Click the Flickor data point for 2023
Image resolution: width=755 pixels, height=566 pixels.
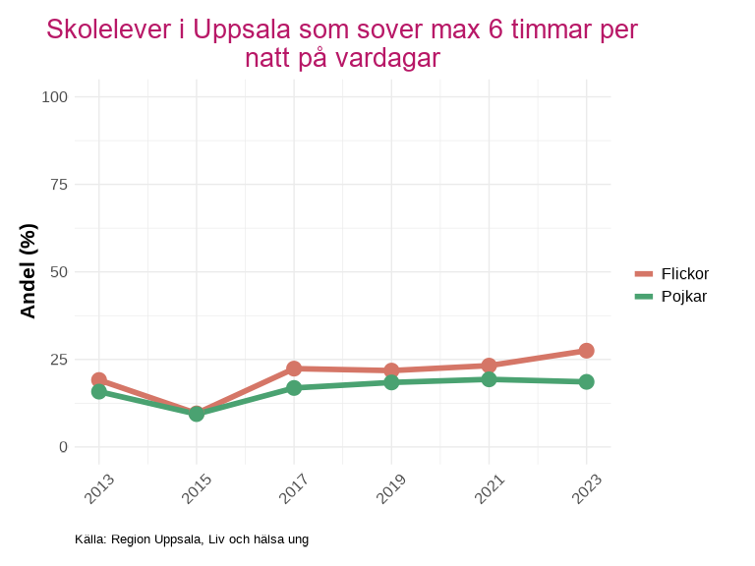pos(586,351)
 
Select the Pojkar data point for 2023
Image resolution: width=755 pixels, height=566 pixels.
pos(586,381)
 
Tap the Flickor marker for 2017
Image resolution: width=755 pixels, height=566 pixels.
pos(294,368)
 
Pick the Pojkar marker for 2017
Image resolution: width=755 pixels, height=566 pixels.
pos(294,388)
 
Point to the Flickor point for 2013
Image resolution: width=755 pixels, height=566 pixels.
pos(99,379)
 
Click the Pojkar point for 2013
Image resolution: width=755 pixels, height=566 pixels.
pos(99,391)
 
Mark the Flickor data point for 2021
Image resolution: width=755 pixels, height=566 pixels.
pos(489,366)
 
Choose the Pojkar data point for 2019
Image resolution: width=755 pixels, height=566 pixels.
pos(391,382)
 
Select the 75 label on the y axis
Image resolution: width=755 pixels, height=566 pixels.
pos(59,184)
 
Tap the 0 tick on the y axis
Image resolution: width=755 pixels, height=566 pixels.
pos(64,446)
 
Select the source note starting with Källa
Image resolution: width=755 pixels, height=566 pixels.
pos(192,539)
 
